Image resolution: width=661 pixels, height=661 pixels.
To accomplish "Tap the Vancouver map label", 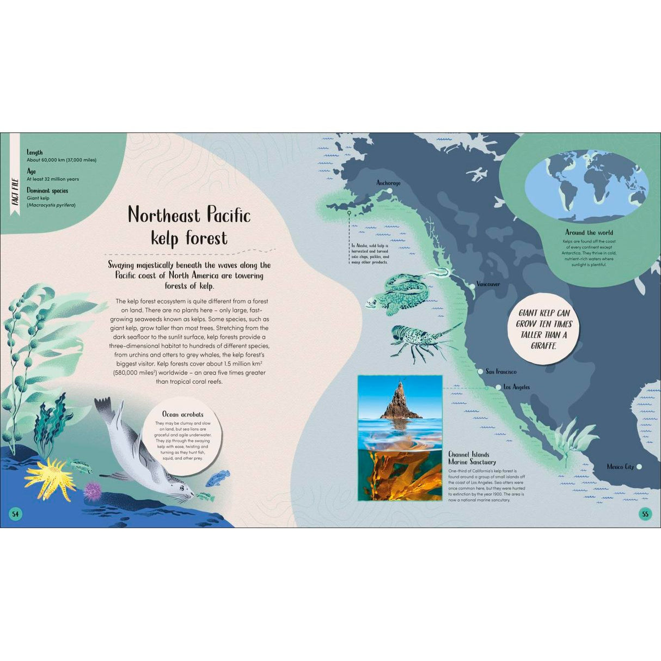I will [x=488, y=284].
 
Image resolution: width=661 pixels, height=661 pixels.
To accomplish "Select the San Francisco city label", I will [x=501, y=372].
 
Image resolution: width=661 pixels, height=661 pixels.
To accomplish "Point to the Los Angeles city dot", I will [x=498, y=387].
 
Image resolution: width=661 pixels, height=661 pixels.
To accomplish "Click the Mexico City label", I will [x=620, y=467].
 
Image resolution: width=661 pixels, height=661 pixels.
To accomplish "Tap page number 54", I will [x=16, y=514].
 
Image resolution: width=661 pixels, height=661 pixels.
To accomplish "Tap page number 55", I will [x=645, y=514].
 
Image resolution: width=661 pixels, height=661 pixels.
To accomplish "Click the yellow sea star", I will [x=48, y=476].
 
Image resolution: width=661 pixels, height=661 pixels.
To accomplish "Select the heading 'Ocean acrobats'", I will [x=183, y=414].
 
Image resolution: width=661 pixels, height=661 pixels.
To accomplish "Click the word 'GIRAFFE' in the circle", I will [x=543, y=346].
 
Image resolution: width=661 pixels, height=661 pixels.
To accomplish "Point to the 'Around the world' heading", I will [x=589, y=232].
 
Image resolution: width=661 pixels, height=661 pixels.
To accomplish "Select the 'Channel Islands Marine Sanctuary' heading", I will [x=472, y=458].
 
